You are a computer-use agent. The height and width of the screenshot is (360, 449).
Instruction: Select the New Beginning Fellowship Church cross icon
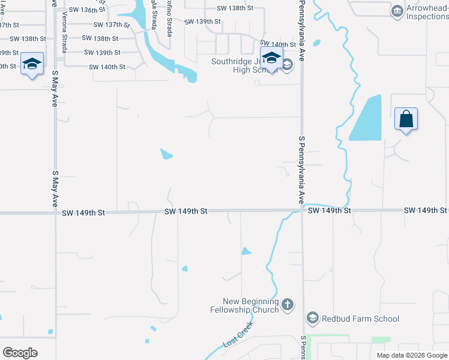(287, 304)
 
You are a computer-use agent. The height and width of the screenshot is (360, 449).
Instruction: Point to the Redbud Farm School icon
(312, 318)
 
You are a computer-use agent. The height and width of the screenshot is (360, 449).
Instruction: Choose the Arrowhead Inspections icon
(397, 11)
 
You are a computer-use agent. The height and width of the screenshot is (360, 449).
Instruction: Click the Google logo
(20, 352)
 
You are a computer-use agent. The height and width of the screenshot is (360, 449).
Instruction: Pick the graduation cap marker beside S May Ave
(31, 64)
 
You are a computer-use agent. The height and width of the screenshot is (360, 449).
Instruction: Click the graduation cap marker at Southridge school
(271, 58)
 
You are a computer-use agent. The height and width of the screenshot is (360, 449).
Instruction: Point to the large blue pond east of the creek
(367, 119)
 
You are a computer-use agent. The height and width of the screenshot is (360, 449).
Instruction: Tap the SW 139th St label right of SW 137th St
(203, 22)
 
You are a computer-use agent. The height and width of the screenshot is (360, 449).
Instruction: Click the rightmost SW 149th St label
(426, 210)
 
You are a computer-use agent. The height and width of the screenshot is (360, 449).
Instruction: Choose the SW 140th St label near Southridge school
(277, 44)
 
